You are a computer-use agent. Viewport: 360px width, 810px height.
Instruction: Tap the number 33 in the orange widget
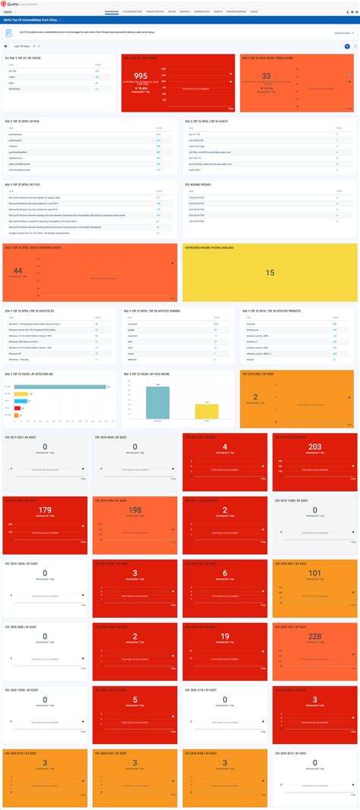tap(267, 76)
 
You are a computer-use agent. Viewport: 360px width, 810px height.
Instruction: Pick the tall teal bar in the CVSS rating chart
tap(157, 403)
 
